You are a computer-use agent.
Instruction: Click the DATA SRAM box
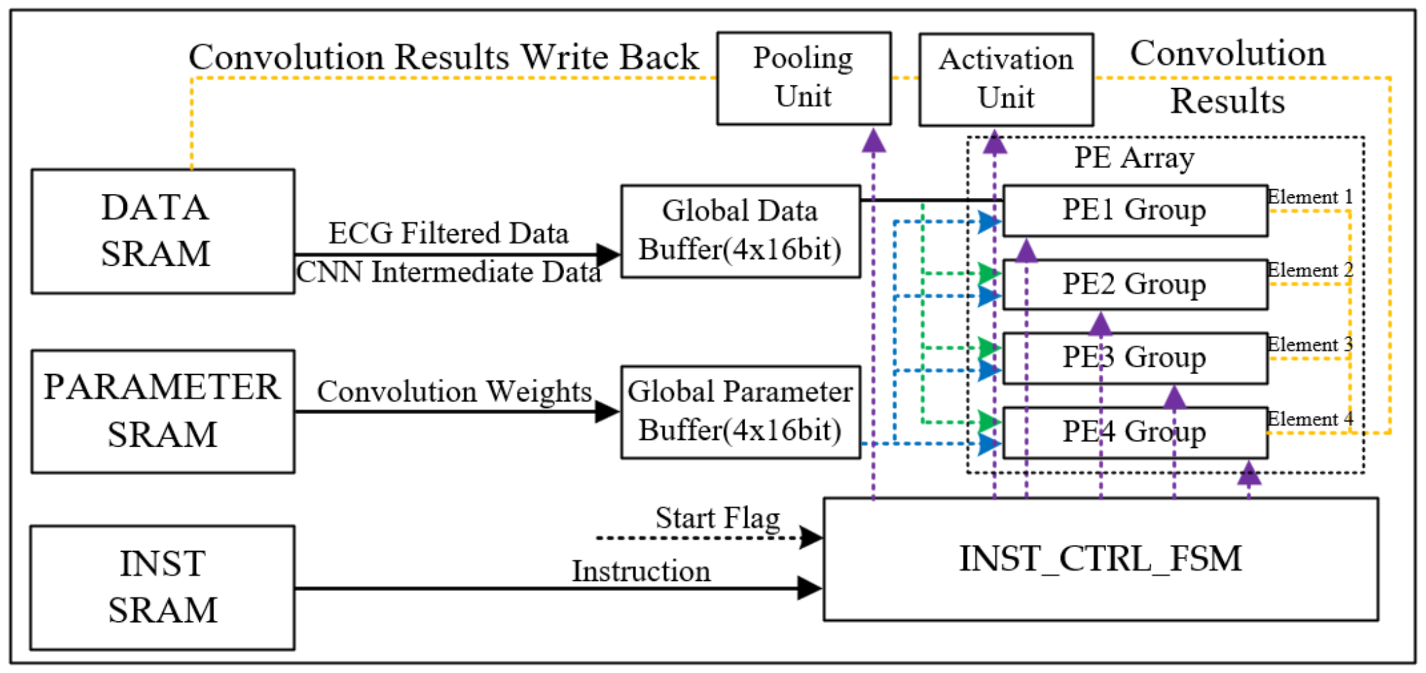[x=163, y=231]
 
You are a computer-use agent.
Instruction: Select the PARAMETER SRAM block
[x=163, y=411]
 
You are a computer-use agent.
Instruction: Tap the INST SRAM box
[x=163, y=587]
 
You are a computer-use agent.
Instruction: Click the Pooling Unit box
[x=804, y=78]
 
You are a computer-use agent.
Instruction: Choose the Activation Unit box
[x=1006, y=79]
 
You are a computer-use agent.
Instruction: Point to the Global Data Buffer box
[x=740, y=231]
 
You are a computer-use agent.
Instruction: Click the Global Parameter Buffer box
[x=740, y=412]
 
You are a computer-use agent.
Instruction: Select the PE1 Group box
[x=1134, y=211]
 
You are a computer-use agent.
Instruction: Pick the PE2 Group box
[x=1134, y=285]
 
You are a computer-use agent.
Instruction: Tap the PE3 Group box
[x=1134, y=358]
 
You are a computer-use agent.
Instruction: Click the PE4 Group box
[x=1134, y=432]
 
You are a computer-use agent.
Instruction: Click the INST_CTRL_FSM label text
[x=1100, y=559]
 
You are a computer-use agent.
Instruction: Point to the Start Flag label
[x=717, y=518]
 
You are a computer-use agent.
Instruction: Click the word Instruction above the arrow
[x=641, y=571]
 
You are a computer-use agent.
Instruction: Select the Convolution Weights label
[x=454, y=392]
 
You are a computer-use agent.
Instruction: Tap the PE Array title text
[x=1134, y=158]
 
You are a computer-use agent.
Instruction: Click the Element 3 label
[x=1309, y=344]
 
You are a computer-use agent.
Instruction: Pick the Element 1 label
[x=1309, y=197]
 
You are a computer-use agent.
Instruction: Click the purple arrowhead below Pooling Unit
[x=873, y=140]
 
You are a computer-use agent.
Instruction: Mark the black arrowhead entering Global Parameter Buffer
[x=606, y=411]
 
